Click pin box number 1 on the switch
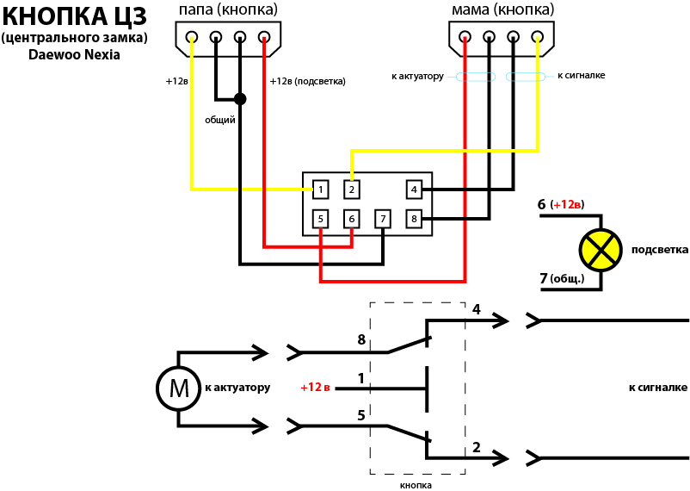click(x=320, y=190)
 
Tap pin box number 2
click(x=352, y=190)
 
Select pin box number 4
click(x=414, y=190)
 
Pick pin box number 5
click(x=320, y=219)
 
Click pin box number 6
click(x=352, y=219)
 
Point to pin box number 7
click(x=383, y=219)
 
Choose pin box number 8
click(x=414, y=219)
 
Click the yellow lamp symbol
click(x=601, y=250)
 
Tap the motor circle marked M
click(x=178, y=388)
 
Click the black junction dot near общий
click(x=240, y=99)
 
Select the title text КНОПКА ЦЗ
click(x=75, y=16)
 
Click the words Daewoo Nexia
click(x=74, y=55)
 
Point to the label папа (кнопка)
click(x=228, y=9)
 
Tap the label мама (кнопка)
click(x=503, y=9)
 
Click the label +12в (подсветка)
click(x=308, y=82)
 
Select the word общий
click(x=220, y=120)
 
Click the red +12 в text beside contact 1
click(x=315, y=388)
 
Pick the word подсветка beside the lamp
click(x=660, y=250)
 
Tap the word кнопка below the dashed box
click(x=416, y=486)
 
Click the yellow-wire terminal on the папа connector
click(x=191, y=36)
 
